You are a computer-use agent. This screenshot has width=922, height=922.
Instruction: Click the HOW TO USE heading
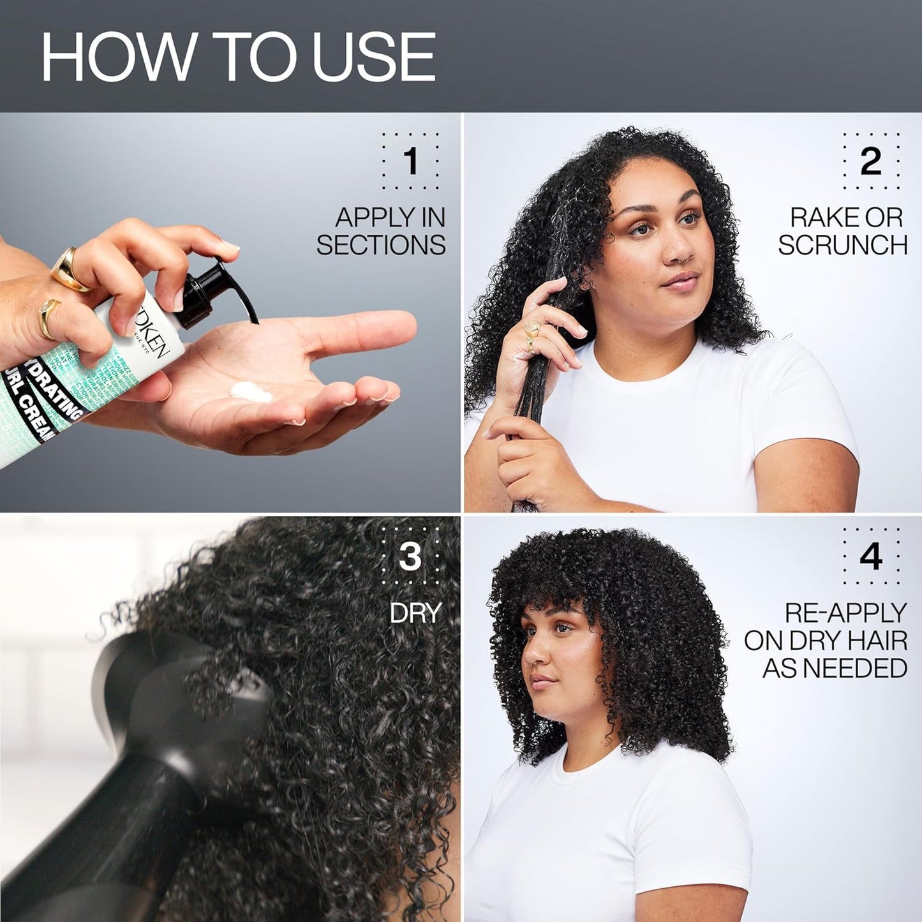point(238,57)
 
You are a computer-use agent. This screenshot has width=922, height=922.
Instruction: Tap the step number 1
point(411,161)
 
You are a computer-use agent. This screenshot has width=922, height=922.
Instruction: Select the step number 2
point(870,161)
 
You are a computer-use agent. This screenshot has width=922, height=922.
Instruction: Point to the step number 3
point(410,556)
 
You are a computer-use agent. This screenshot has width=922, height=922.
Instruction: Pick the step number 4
point(870,556)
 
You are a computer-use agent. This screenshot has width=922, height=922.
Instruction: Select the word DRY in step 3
point(415,613)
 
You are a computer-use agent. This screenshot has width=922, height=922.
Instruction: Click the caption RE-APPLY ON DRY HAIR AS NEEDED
point(827,640)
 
